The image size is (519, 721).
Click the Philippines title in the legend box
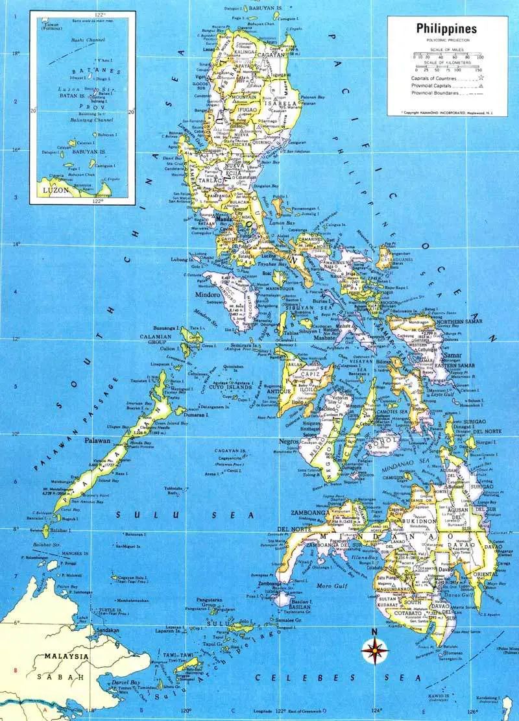point(446,29)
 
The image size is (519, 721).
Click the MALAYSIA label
point(66,656)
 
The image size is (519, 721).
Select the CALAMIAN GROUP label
point(158,340)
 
